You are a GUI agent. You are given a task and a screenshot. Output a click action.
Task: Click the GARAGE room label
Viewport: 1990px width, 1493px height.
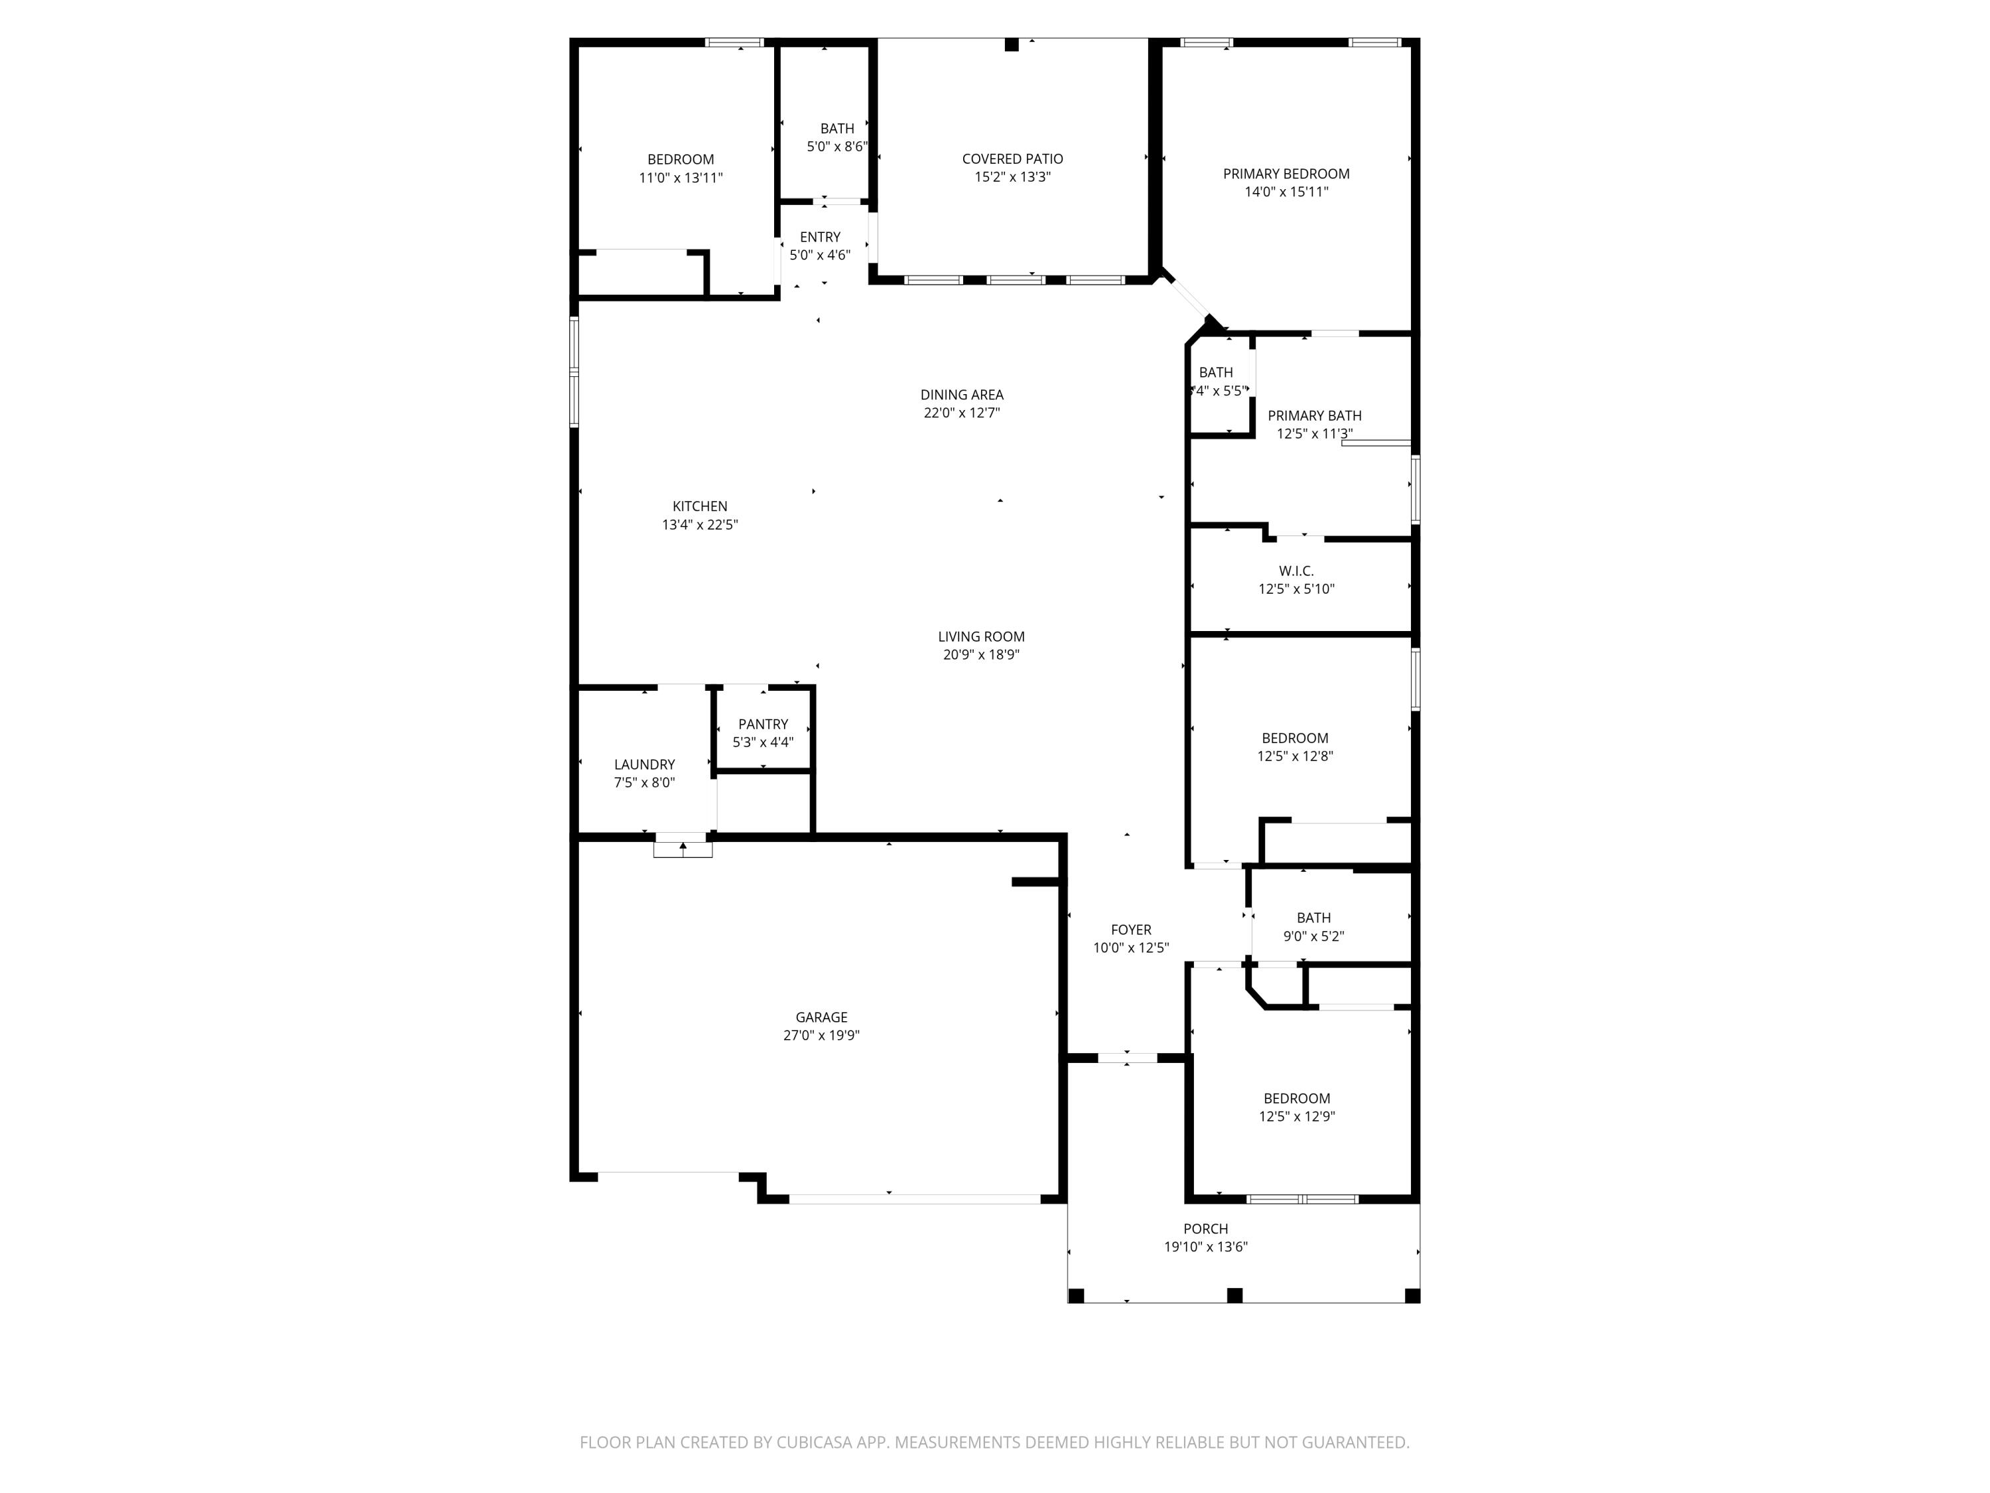(821, 1017)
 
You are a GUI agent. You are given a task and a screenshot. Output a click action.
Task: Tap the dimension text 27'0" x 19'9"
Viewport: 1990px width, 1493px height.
(821, 1036)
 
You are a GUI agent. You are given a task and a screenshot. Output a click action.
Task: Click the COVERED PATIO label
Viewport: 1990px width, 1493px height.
(1012, 159)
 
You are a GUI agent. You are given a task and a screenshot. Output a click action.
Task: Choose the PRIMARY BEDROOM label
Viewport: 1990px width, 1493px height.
(1286, 174)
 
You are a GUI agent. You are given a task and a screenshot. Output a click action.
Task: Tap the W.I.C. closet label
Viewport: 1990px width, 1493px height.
(1295, 571)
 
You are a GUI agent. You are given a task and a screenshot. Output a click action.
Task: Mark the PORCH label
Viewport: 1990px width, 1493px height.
(1205, 1228)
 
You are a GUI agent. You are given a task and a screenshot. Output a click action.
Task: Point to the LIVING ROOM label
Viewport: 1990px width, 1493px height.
(980, 637)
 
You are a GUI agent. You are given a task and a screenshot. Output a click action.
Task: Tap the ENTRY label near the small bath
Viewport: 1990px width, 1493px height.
(820, 238)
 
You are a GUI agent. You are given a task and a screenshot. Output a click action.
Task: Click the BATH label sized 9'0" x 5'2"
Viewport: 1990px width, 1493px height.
(1313, 918)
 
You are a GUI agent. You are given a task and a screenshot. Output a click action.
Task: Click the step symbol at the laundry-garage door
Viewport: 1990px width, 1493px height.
(683, 848)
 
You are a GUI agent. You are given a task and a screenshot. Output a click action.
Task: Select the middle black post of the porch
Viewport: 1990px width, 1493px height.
(1234, 1295)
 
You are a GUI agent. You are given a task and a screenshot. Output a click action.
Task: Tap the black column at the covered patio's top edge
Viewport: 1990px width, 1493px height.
(1011, 44)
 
